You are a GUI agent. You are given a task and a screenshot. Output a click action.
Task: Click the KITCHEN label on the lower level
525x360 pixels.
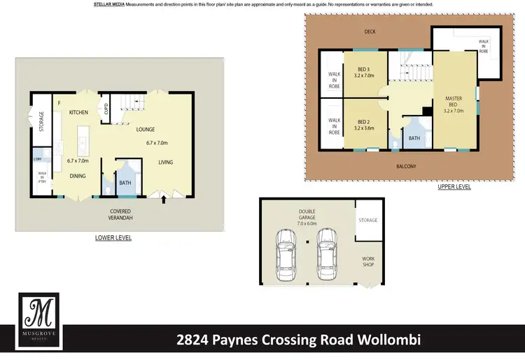(78, 111)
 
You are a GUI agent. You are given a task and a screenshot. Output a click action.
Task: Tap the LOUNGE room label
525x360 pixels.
(146, 130)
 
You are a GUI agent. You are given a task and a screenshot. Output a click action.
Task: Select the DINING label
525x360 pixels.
(77, 176)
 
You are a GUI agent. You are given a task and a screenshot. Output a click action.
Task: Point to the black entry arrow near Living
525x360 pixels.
(164, 200)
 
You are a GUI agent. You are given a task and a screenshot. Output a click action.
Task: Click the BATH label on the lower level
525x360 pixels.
(125, 183)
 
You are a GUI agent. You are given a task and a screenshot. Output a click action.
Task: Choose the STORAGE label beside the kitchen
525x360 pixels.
(41, 121)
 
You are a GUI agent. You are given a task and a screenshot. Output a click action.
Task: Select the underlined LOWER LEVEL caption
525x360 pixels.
(113, 238)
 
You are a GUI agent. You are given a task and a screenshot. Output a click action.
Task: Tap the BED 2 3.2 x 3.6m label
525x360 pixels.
(363, 125)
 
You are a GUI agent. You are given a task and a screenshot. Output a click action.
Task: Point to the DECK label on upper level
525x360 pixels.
(370, 32)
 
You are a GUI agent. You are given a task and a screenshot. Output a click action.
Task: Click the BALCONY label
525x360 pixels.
(405, 166)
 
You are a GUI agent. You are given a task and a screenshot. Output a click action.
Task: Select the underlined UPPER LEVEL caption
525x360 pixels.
(454, 187)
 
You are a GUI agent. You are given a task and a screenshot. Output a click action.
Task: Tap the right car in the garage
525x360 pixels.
(326, 251)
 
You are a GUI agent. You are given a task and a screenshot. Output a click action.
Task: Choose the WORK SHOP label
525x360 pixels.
(368, 262)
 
